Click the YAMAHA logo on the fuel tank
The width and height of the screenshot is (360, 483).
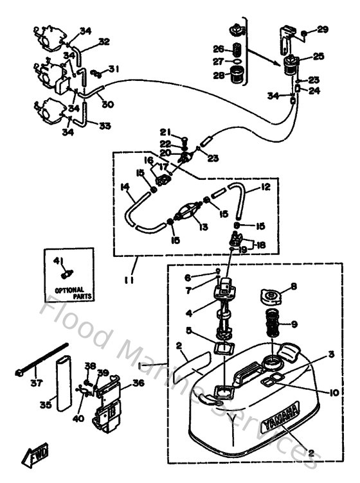280,418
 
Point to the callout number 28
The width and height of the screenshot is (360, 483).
218,76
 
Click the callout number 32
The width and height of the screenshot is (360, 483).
104,42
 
